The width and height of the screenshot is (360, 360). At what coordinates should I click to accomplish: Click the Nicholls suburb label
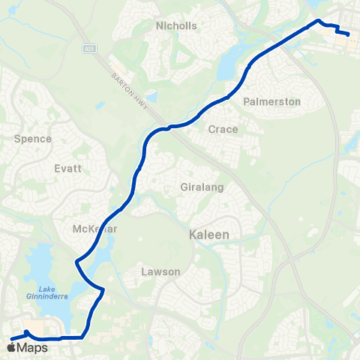[176, 25]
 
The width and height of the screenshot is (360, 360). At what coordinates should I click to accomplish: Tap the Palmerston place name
[272, 101]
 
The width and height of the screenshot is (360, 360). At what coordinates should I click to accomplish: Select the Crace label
[223, 129]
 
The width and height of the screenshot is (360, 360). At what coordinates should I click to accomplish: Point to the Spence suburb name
[33, 139]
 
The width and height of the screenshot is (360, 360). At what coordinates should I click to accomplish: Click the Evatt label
[67, 169]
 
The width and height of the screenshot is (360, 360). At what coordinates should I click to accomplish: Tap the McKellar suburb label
[93, 228]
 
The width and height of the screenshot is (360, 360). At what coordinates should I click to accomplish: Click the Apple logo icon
[10, 348]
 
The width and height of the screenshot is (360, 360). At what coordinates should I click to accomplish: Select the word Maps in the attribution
[32, 348]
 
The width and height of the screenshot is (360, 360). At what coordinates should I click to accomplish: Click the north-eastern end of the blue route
[349, 34]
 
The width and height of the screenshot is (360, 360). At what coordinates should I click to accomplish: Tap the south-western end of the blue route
[10, 339]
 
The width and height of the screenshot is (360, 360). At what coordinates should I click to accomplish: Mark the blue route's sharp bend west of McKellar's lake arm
[76, 262]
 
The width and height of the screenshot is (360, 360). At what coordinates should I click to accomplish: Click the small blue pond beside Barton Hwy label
[152, 97]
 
